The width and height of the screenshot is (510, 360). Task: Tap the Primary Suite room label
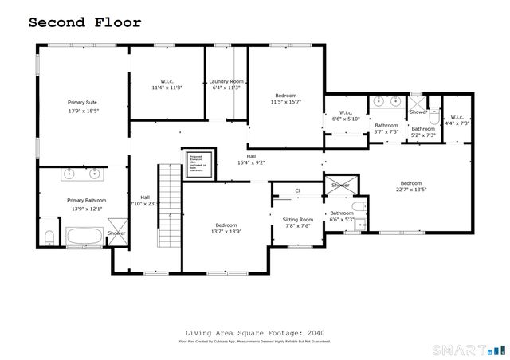(82, 103)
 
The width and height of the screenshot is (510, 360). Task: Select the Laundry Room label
(226, 81)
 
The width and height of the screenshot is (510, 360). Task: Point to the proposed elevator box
(196, 162)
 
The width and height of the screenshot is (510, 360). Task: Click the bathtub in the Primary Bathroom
(84, 237)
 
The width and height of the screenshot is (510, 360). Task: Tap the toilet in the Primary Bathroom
(49, 236)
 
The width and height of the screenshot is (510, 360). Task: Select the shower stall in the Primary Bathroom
(116, 237)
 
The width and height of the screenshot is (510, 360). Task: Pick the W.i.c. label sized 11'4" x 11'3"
(167, 88)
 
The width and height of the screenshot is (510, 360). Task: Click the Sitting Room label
(299, 219)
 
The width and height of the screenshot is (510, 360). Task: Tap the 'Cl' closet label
(297, 191)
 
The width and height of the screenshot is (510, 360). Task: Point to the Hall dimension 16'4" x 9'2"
(251, 162)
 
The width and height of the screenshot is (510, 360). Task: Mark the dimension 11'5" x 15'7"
(285, 101)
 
